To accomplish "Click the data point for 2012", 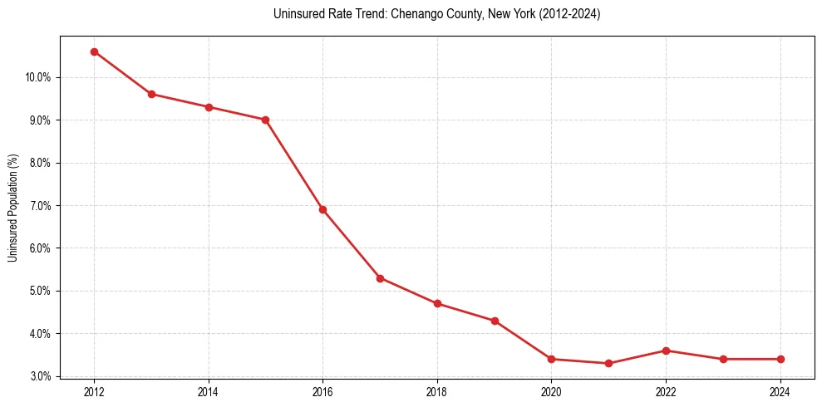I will (x=94, y=51).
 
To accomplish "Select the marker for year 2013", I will (x=151, y=94).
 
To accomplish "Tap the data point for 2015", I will (x=265, y=120).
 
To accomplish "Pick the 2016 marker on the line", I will (x=322, y=209).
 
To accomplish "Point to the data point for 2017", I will (x=380, y=278).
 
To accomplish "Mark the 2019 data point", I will (x=495, y=321).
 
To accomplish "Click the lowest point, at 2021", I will (x=608, y=363).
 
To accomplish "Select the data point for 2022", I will (x=666, y=351).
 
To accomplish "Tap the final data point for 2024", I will (x=780, y=359).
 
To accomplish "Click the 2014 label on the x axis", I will (x=209, y=391).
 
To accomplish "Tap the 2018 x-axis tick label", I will (x=437, y=391).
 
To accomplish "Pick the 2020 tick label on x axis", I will (x=551, y=391).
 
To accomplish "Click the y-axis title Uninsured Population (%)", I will (x=12, y=207).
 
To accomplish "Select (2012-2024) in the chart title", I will (x=571, y=14).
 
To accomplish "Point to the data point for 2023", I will (x=723, y=359).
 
